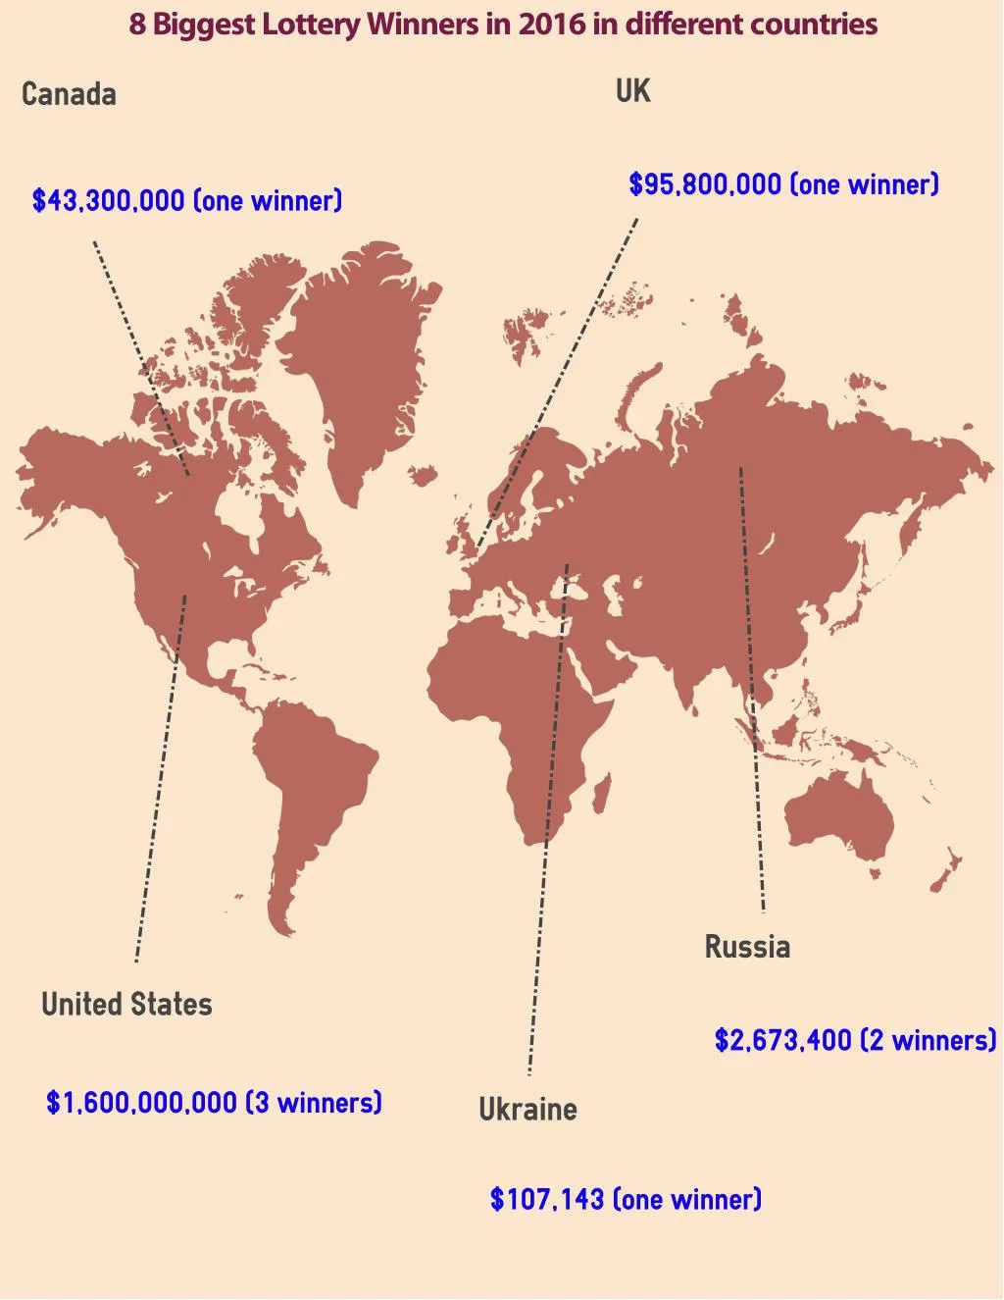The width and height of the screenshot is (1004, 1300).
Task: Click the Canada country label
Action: point(69,94)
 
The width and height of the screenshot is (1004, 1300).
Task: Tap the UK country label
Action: point(632,91)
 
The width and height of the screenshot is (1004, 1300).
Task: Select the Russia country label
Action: point(747,947)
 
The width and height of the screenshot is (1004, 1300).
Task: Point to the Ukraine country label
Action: point(527,1110)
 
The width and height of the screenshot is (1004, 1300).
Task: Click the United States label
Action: point(126,1005)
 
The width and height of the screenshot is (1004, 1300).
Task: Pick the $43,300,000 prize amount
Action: point(108,201)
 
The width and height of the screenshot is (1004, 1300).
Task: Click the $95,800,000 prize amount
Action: point(705,184)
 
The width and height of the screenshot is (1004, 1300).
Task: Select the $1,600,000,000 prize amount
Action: point(141,1103)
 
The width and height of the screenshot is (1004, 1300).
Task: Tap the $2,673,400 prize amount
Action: point(782,1040)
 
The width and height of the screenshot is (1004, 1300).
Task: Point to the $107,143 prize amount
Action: point(546,1199)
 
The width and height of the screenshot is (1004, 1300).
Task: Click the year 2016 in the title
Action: point(552,25)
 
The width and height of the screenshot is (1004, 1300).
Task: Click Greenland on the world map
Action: point(358,353)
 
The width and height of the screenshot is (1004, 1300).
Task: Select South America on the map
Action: point(309,785)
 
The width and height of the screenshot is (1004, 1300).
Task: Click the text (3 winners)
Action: point(313,1103)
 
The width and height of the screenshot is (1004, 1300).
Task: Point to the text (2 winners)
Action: point(928,1040)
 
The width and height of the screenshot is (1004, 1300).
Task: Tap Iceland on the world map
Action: point(423,477)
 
